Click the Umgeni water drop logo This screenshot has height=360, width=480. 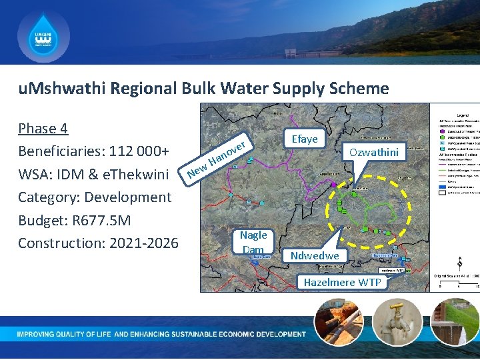pos(43,37)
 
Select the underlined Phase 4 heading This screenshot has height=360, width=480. pos(43,128)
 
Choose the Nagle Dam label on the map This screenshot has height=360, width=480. pos(253,242)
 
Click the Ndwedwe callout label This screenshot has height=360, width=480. pos(315,255)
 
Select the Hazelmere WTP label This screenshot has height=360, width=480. pos(342,282)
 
